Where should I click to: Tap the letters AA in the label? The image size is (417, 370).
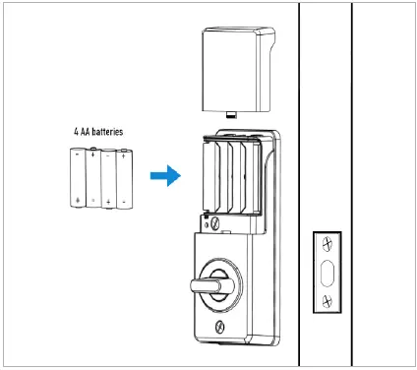[88, 131]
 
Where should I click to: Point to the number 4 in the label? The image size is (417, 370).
[77, 131]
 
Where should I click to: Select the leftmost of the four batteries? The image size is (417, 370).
[77, 177]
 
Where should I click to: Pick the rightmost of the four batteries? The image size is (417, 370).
[124, 177]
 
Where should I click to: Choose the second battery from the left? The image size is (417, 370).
[92, 177]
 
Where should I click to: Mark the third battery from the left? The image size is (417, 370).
[108, 177]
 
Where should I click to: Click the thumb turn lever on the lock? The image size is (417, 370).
[208, 285]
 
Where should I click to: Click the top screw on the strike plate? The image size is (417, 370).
[327, 242]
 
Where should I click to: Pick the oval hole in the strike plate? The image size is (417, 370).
[327, 271]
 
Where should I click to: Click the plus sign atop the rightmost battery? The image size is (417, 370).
[124, 153]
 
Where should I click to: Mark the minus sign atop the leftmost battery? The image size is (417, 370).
[77, 154]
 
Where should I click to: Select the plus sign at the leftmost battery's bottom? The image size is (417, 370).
[77, 200]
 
